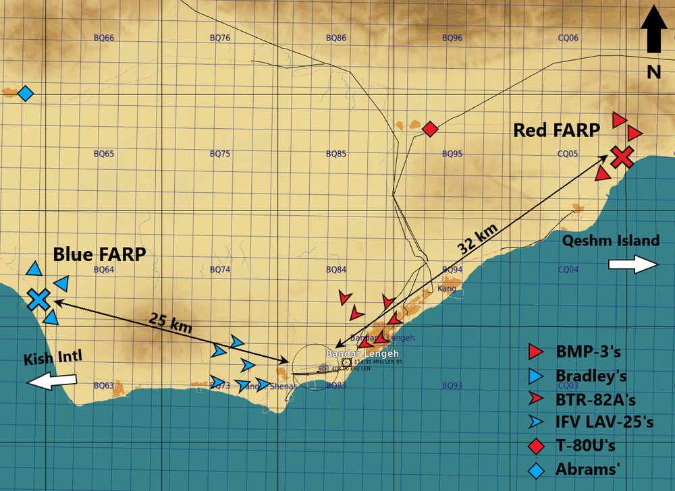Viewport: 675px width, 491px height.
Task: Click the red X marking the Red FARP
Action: click(622, 156)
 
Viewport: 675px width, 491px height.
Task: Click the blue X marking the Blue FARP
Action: click(39, 298)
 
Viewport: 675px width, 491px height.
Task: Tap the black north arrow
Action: click(653, 30)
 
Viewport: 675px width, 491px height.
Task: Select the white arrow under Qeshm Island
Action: click(634, 265)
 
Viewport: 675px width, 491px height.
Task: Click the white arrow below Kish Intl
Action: click(52, 381)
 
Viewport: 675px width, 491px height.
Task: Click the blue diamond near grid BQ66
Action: click(25, 93)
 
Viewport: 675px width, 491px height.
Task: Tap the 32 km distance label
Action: click(478, 237)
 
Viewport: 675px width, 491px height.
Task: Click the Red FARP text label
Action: click(556, 130)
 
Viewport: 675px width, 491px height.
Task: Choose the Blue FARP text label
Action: click(100, 254)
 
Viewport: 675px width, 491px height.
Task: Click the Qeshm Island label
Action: click(610, 241)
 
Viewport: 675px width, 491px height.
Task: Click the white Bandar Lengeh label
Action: click(362, 353)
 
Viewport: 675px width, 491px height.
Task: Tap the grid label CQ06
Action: click(568, 38)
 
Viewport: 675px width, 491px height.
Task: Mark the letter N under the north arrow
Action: click(653, 71)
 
